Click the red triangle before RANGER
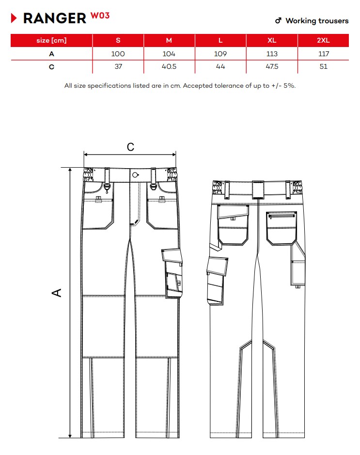[x=14, y=18]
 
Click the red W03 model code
[x=100, y=16]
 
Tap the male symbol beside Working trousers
[x=278, y=20]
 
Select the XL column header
[x=272, y=40]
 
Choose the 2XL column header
[x=323, y=40]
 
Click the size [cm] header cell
[x=51, y=40]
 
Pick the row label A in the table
[x=52, y=54]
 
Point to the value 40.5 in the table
[x=169, y=66]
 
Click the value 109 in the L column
[x=220, y=54]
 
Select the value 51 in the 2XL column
[x=324, y=66]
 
